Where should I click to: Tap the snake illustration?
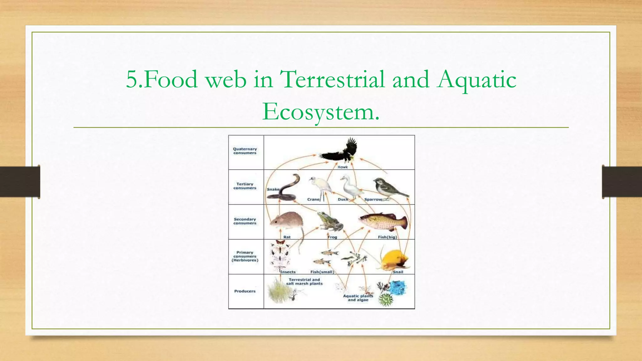pyautogui.click(x=284, y=190)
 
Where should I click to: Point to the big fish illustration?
pyautogui.click(x=384, y=221)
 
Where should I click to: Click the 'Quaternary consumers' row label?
pyautogui.click(x=245, y=151)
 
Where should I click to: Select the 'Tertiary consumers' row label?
pyautogui.click(x=245, y=186)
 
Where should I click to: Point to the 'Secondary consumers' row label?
pyautogui.click(x=245, y=221)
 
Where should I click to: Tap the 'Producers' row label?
pyautogui.click(x=245, y=291)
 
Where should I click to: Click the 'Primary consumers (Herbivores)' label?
pyautogui.click(x=245, y=256)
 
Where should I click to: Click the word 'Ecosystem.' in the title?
pyautogui.click(x=321, y=112)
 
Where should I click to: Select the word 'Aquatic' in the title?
pyautogui.click(x=476, y=79)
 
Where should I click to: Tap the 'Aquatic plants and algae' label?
pyautogui.click(x=358, y=298)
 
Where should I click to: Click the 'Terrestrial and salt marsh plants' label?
pyautogui.click(x=304, y=282)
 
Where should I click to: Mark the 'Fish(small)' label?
pyautogui.click(x=322, y=272)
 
